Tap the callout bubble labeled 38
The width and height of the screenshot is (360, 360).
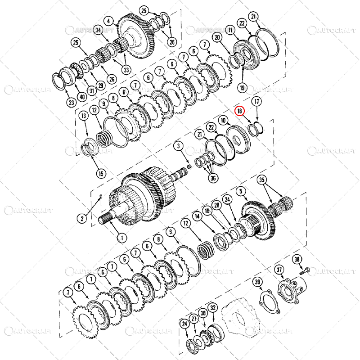point(297,259)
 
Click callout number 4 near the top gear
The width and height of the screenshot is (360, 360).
point(109,21)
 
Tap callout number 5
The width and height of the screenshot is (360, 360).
point(242,191)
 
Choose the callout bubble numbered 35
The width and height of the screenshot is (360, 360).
point(262,180)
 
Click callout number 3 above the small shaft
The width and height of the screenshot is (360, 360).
point(178,146)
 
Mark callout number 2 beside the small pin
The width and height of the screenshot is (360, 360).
point(82,219)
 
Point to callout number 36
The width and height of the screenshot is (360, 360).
point(212,178)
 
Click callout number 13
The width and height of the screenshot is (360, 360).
point(83,117)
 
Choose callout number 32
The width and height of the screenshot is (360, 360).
point(213,308)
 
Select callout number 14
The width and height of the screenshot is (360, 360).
point(196,216)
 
